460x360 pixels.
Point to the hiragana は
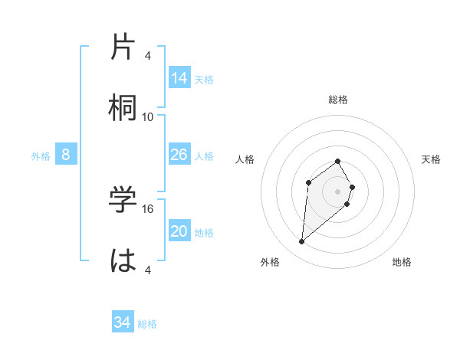124,260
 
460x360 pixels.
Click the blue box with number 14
179,77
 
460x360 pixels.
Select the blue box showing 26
179,155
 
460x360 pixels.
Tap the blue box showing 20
179,231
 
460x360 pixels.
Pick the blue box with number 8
66,155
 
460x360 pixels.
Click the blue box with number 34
123,322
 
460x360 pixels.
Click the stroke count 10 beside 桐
148,116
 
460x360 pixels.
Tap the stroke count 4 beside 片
148,56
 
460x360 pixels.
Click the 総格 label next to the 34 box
147,324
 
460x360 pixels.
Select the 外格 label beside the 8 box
41,156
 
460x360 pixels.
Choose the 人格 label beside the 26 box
204,156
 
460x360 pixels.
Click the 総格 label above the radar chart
338,100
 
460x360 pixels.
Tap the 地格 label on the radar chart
402,262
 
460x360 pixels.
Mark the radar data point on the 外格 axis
302,242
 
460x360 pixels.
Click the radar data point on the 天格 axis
352,187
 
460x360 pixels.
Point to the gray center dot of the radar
338,191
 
